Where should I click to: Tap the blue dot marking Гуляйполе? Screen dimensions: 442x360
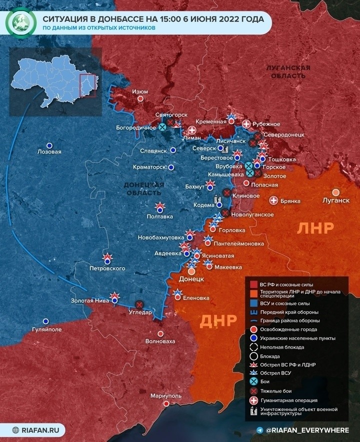[46, 321]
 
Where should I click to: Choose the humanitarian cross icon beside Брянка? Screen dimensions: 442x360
[274, 200]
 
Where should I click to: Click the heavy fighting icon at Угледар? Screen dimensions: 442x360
[139, 303]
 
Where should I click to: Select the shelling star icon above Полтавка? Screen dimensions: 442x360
[160, 206]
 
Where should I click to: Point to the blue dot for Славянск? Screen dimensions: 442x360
[173, 150]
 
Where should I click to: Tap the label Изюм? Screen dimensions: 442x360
[139, 91]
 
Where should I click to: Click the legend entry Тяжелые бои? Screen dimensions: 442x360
[274, 391]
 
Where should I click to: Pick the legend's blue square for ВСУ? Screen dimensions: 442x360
[253, 303]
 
